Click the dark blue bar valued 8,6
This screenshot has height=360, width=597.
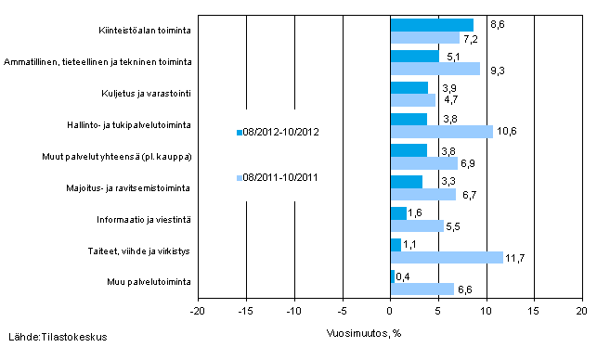tap(432, 25)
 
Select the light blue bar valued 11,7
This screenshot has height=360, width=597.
tap(447, 257)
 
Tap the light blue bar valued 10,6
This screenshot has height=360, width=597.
tap(441, 132)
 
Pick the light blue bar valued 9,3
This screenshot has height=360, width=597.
tap(435, 69)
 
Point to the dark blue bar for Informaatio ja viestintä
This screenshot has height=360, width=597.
tap(398, 213)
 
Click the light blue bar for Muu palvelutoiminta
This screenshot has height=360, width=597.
tap(422, 289)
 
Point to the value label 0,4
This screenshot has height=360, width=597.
tap(404, 276)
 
